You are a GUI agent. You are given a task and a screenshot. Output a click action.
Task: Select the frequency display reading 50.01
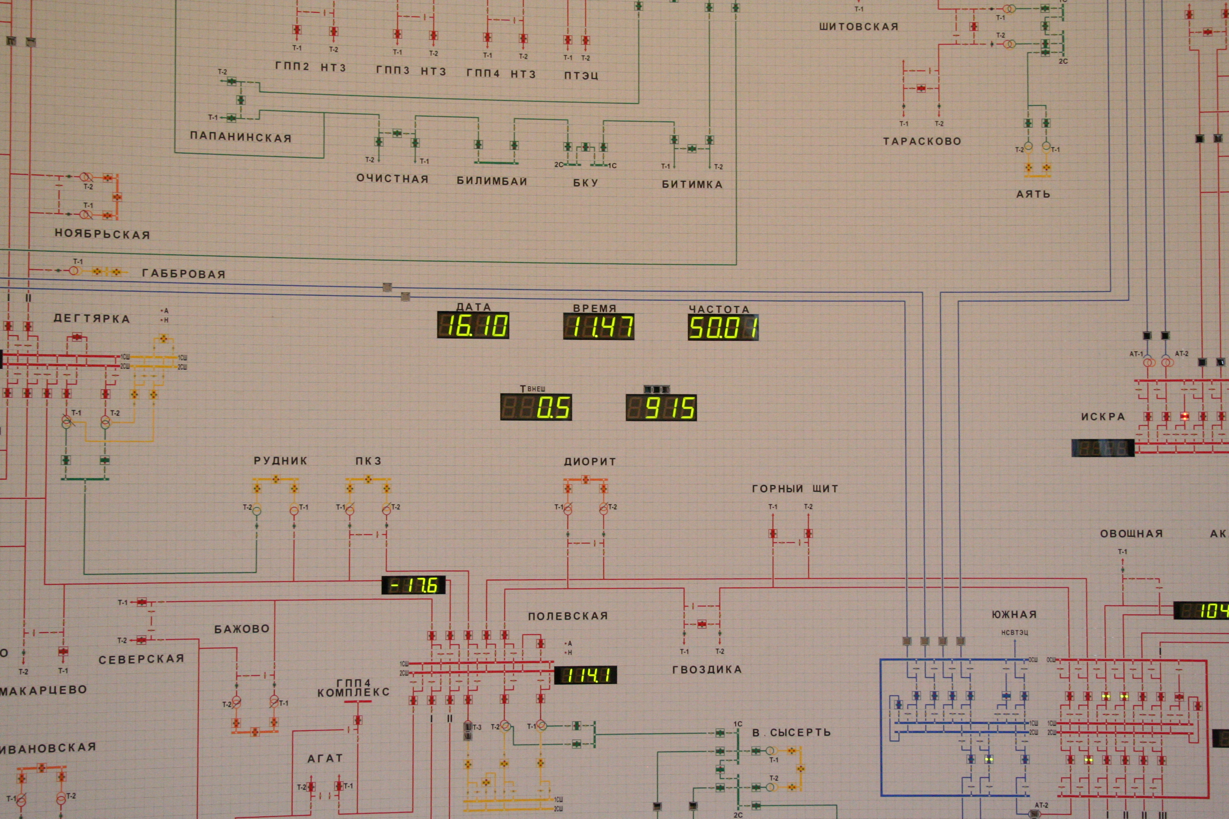[723, 327]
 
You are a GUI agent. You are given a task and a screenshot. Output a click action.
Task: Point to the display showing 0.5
[536, 407]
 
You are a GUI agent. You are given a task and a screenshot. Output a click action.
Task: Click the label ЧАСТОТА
[719, 309]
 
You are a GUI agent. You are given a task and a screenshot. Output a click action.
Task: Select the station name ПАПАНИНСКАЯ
[240, 137]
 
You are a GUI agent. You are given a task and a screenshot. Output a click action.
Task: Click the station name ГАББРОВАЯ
[184, 274]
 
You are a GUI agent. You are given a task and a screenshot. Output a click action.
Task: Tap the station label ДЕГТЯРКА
[91, 318]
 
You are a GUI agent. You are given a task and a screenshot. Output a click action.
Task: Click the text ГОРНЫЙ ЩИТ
[795, 489]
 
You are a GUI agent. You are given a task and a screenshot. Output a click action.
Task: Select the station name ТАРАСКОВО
[922, 141]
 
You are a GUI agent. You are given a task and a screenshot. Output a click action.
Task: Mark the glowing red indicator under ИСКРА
[1185, 416]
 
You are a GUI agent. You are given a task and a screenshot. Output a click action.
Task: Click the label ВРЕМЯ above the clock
[595, 308]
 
